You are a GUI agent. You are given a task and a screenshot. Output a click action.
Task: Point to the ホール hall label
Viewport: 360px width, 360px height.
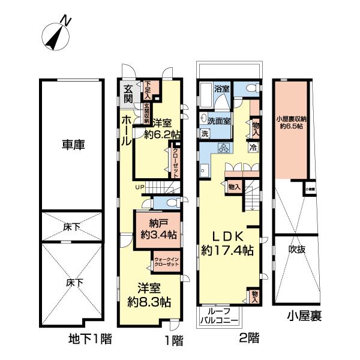pos(126,131)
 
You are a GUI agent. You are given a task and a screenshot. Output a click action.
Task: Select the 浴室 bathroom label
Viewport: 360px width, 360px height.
pos(221,89)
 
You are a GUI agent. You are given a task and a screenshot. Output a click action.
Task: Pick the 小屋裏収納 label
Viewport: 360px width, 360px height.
pos(291,122)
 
